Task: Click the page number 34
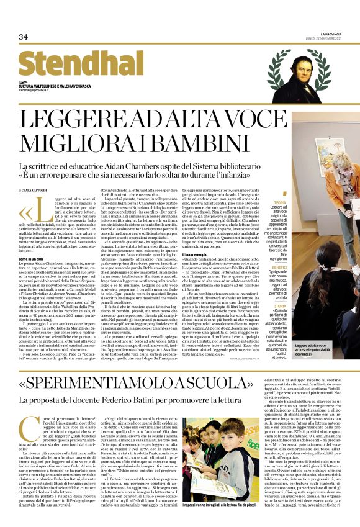point(24,37)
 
